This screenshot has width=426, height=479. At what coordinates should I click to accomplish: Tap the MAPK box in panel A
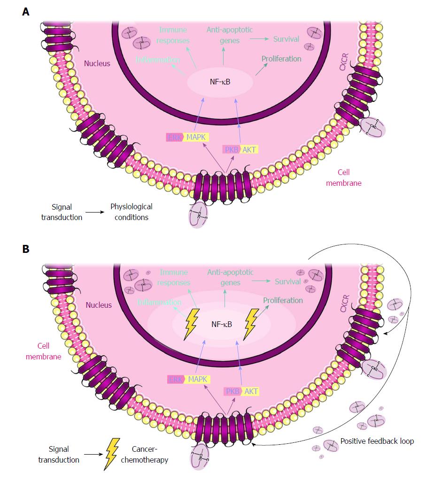pos(197,137)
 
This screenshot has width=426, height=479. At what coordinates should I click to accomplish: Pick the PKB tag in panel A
pos(231,149)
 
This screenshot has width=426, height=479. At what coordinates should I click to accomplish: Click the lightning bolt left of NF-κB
pos(192,324)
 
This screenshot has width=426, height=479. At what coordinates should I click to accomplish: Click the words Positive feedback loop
pos(371,441)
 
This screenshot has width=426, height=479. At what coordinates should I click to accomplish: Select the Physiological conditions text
pos(131,212)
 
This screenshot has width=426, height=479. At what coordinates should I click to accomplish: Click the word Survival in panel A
pos(286,39)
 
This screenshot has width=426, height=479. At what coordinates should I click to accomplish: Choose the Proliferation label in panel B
pos(283,300)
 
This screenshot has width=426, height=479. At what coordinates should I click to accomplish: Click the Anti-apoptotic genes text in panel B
pos(230,277)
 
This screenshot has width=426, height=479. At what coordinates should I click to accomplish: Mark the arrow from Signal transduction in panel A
pos(95,212)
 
